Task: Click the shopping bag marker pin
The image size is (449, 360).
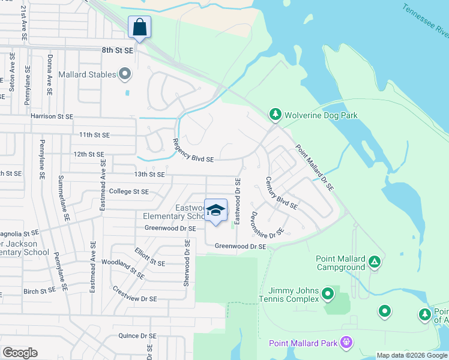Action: (x=139, y=28)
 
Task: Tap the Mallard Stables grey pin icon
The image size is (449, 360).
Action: (x=125, y=74)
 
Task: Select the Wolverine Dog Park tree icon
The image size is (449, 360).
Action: (x=275, y=113)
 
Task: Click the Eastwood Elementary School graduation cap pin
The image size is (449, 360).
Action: (x=216, y=211)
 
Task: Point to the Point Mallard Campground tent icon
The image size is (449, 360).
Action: (x=374, y=261)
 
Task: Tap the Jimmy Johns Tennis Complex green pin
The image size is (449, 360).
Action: (x=327, y=294)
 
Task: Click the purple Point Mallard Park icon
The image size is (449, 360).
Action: (x=345, y=342)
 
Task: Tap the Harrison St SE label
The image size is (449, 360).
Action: (x=52, y=116)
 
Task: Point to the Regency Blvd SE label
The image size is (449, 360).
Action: (x=193, y=151)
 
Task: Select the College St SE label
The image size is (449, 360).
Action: (x=128, y=191)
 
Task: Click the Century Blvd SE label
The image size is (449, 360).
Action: (x=282, y=193)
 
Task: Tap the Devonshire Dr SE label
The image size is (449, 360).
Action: (x=267, y=223)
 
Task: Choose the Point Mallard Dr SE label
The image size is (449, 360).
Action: (x=314, y=168)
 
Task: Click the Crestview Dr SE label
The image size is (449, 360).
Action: (x=134, y=294)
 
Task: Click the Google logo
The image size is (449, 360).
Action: (x=20, y=353)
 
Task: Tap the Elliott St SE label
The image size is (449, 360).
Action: (x=149, y=257)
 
